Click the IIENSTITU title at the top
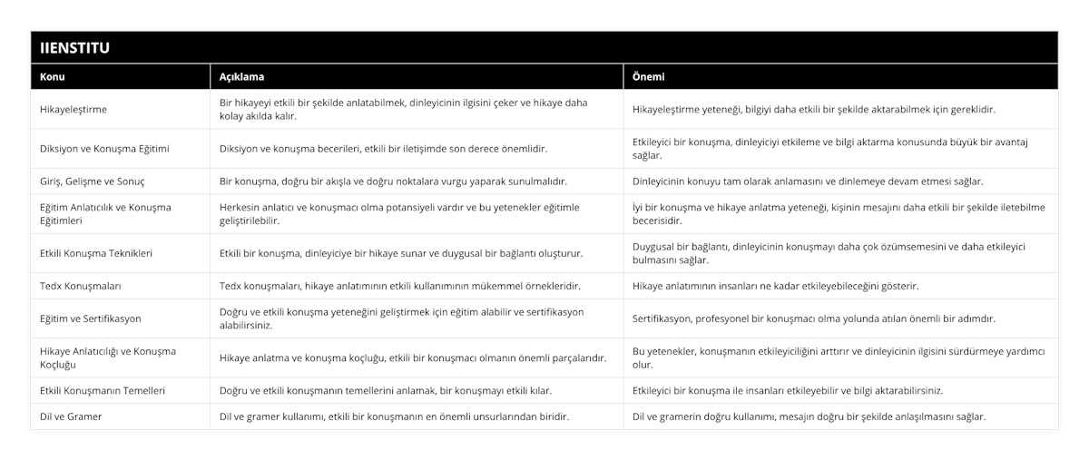coord(75,48)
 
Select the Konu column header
coord(53,77)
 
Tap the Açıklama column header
coord(242,77)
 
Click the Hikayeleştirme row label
coord(74,110)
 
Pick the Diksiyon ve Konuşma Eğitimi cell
coord(105,149)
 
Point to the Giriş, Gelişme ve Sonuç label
coord(93,181)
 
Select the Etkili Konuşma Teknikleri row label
coord(96,253)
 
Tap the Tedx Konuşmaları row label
coord(81,286)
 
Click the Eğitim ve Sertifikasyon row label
coord(91,318)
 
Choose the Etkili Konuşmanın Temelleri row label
coord(103,390)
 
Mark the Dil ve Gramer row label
coord(71,416)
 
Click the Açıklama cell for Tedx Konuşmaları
coord(400,286)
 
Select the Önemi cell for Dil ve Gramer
coord(809,416)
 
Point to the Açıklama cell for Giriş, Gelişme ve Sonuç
coord(393,181)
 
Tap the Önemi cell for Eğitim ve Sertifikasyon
coord(813,318)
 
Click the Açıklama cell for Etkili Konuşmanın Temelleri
coord(386,390)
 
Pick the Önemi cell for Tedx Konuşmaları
coord(775,286)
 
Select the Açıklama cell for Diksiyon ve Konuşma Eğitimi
coord(384,149)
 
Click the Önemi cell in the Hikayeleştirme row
coord(813,110)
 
